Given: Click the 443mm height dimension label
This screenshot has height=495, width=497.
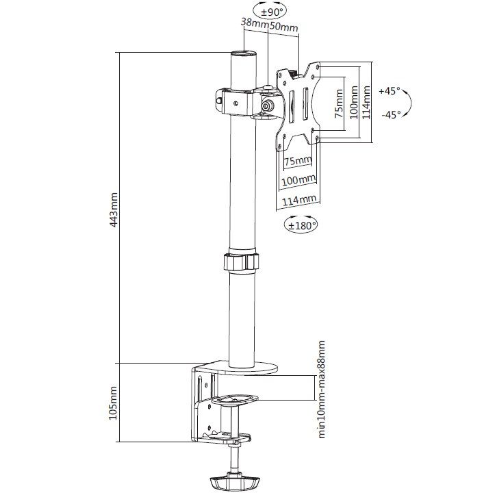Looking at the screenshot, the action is click(x=114, y=210).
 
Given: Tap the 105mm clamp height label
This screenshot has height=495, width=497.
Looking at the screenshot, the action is click(x=114, y=403).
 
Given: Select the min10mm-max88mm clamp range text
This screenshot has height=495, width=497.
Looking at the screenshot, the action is click(x=321, y=389).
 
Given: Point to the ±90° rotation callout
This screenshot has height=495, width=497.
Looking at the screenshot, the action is click(x=271, y=12).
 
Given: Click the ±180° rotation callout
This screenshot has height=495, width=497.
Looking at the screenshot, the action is click(x=301, y=225).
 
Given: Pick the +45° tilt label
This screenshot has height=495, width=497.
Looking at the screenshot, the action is click(x=390, y=91).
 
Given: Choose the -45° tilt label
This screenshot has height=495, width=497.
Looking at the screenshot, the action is click(x=391, y=114).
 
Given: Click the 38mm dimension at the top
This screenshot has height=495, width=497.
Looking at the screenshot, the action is click(x=255, y=23).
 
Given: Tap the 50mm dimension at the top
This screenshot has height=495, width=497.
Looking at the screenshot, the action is click(x=283, y=27).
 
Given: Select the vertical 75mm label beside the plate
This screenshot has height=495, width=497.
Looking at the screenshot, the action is click(x=338, y=103).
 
